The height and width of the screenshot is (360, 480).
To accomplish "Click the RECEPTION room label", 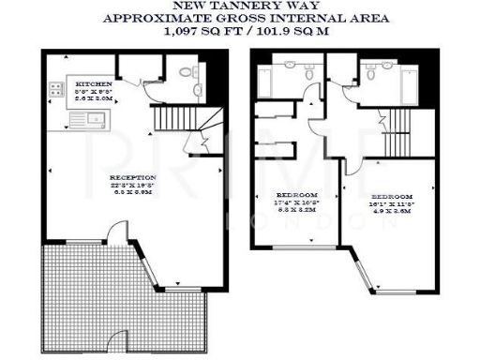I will (x=132, y=176).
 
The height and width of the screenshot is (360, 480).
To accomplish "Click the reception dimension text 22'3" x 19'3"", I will (x=132, y=186).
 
